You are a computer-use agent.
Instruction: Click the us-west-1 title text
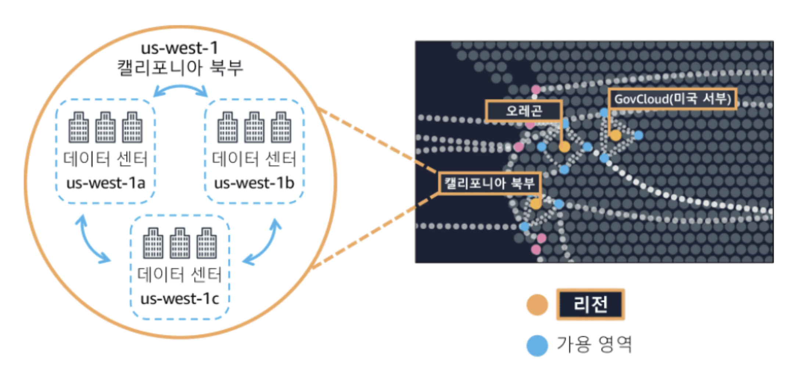[x=180, y=48]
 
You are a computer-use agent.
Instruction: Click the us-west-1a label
[x=106, y=183]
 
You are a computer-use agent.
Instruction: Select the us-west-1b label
[x=254, y=183]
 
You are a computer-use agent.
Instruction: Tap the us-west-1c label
[x=180, y=299]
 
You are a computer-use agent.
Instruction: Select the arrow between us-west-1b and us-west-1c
[x=263, y=243]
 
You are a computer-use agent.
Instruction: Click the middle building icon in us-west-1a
[x=105, y=127]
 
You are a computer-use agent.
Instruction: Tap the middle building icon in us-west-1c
[x=180, y=243]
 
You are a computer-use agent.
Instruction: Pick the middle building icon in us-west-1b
[x=254, y=127]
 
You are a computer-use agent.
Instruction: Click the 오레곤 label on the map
[x=524, y=110]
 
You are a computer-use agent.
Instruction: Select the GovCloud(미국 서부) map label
[x=672, y=99]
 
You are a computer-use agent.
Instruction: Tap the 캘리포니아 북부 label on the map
[x=489, y=183]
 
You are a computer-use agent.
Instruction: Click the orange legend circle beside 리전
[x=537, y=304]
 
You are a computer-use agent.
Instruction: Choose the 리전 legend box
[x=590, y=304]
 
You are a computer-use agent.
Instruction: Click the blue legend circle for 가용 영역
[x=537, y=345]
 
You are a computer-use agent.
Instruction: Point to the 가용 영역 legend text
[x=594, y=345]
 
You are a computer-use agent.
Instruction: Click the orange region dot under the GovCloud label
[x=616, y=135]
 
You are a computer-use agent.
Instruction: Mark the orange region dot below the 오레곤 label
[x=564, y=147]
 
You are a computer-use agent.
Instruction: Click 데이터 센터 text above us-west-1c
[x=180, y=275]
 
